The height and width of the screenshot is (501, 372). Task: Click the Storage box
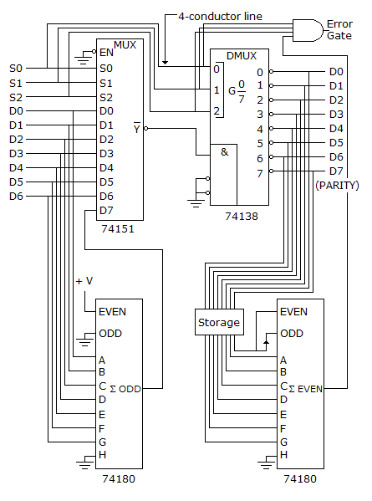[x=219, y=322]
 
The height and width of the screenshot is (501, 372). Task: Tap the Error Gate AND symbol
[x=308, y=30]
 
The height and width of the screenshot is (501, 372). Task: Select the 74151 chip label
[x=118, y=229]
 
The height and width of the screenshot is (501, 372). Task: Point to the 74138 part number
[x=242, y=217]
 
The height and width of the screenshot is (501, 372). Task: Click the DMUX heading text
[x=242, y=56]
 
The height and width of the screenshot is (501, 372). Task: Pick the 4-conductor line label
[x=221, y=16]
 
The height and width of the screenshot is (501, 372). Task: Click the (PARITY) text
[x=337, y=186]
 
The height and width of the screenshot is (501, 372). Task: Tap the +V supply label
[x=84, y=281]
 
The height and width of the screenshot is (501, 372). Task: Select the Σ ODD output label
[x=125, y=389]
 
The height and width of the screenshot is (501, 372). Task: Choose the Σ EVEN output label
[x=306, y=389]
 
